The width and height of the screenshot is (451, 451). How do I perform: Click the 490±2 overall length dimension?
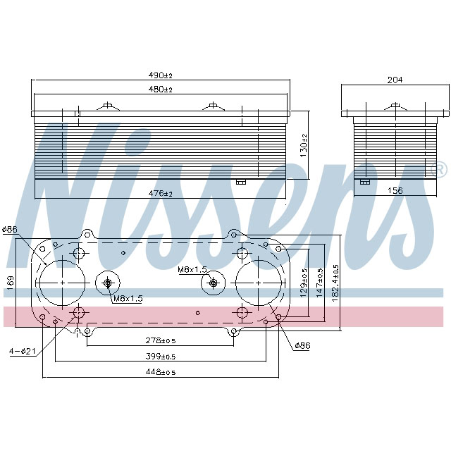161,75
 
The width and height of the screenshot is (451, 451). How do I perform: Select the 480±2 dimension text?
161,89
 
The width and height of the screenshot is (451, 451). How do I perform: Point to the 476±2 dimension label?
161,192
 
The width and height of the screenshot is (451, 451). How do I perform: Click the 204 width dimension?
395,80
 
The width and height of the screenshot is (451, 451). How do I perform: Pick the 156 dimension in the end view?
395,191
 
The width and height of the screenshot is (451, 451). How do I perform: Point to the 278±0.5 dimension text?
160,340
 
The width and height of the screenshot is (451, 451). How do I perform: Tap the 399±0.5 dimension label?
160,356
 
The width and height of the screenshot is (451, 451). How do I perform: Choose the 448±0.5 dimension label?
160,371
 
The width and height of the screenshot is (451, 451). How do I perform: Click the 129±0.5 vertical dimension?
304,282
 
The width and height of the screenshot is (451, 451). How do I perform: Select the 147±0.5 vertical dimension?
320,282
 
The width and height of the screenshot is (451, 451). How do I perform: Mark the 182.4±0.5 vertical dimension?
335,282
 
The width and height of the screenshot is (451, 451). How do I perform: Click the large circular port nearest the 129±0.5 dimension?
258,283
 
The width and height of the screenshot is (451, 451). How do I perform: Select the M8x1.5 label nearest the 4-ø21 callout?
128,299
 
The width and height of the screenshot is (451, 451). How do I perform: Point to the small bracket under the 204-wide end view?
365,182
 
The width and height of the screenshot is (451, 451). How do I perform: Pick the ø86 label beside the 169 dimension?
10,229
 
